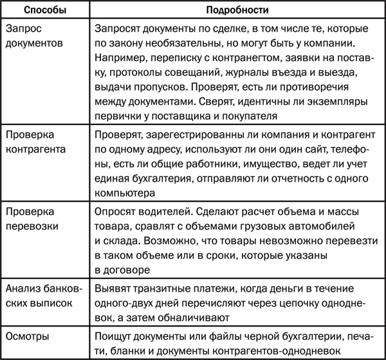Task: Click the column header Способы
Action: point(43,11)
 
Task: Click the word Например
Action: point(119,58)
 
